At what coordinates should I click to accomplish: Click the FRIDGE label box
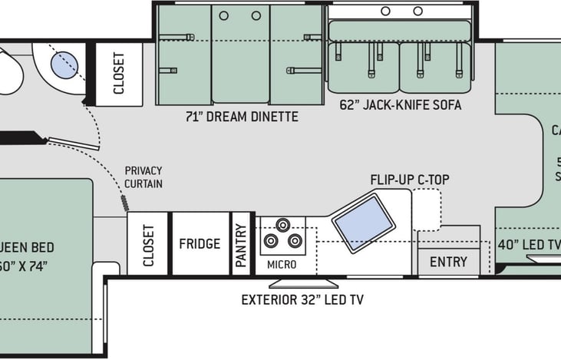click(200, 244)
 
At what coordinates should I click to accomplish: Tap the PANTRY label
click(242, 244)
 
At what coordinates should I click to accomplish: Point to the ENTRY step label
click(448, 262)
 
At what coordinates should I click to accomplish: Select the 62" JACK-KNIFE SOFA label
click(401, 105)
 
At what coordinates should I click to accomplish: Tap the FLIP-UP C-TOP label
click(410, 180)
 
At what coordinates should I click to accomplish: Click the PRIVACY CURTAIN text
click(144, 177)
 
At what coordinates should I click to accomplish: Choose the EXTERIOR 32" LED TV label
click(302, 299)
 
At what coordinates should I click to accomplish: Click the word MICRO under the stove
click(282, 264)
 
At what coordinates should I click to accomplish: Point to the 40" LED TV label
click(529, 245)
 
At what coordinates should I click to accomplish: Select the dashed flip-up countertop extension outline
click(427, 209)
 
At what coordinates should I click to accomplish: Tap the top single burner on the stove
click(282, 225)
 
